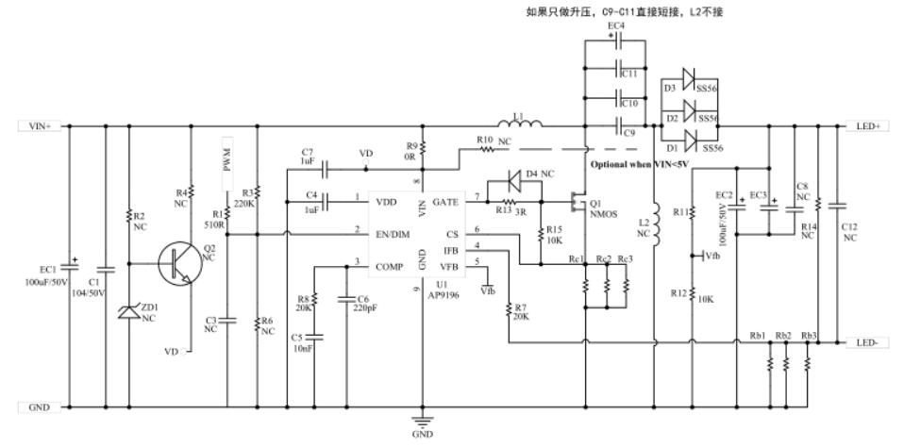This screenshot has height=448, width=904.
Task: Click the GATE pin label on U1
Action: (x=445, y=202)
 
